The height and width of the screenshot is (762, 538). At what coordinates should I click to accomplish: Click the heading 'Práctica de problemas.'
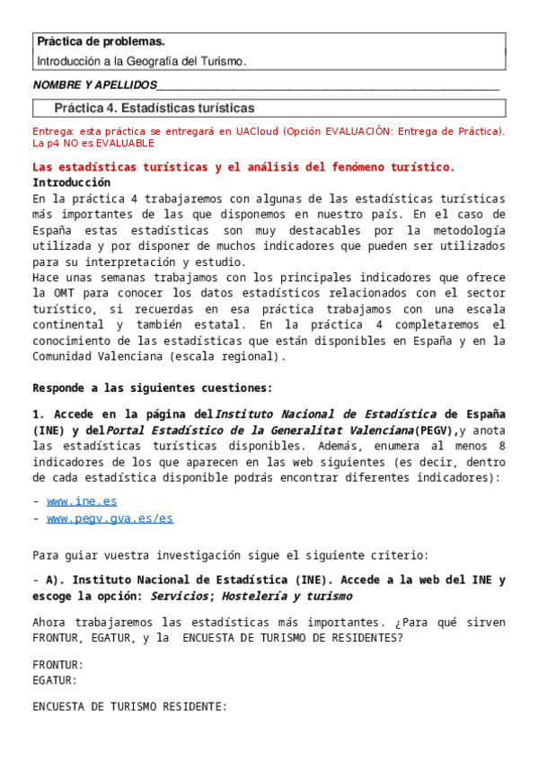101,42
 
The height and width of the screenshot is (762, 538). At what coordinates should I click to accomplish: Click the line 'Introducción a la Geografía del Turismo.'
141,61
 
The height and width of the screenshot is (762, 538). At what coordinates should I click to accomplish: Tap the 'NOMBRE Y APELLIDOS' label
93,85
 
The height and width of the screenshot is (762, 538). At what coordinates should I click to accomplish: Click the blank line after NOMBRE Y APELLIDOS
327,86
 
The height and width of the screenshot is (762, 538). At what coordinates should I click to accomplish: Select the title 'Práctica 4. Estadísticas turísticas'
154,108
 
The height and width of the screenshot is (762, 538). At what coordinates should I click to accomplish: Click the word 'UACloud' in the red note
257,130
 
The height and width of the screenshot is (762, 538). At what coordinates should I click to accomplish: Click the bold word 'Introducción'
71,182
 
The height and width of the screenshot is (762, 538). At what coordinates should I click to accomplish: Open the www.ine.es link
82,501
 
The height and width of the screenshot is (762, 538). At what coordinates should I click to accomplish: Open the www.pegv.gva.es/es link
110,518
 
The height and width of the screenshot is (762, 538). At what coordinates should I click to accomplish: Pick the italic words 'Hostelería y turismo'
289,596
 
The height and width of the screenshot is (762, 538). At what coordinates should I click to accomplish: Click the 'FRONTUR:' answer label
58,665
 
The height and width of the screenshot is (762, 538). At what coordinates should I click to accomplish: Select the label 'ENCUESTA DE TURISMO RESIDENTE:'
130,706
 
